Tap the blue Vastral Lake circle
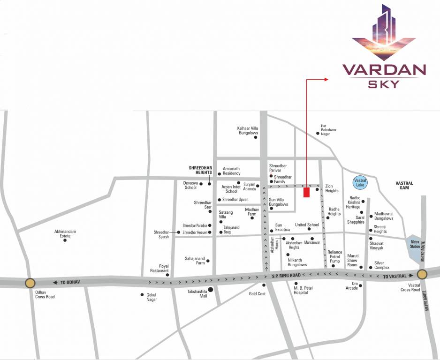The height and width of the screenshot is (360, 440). tap(360, 182)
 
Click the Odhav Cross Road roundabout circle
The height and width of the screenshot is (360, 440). tap(30, 283)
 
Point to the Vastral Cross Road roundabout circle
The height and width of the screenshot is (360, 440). tap(422, 275)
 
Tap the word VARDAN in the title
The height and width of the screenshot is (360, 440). tap(384, 70)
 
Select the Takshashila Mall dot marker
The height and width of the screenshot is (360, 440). tap(211, 290)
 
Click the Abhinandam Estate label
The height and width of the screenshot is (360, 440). tap(65, 233)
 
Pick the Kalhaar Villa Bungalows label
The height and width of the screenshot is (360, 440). tap(248, 130)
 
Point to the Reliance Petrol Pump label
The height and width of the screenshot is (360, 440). tap(335, 257)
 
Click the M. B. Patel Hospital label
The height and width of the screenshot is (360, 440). tap(298, 290)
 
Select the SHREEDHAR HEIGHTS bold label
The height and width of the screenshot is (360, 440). tap(200, 170)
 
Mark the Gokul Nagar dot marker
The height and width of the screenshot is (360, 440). tap(142, 295)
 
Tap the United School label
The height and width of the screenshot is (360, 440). tap(307, 225)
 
